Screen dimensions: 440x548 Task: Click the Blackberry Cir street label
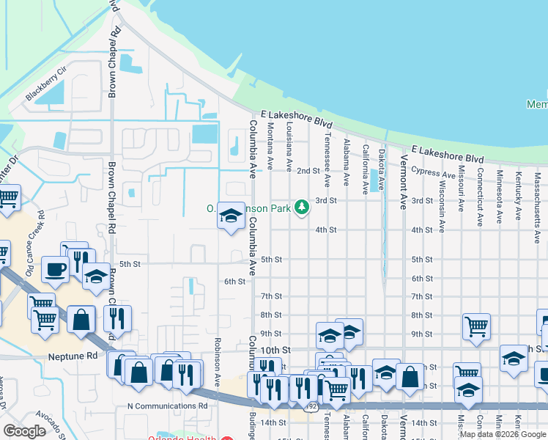point(46,84)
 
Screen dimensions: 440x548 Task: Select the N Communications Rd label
point(167,406)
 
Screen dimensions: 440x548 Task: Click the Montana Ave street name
point(270,146)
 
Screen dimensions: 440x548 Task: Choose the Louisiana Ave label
point(289,147)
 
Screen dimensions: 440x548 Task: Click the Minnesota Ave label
point(499,197)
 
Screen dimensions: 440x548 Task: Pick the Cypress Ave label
point(433,174)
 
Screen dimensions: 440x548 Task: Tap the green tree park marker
point(301,208)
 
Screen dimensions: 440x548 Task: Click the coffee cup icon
point(56,269)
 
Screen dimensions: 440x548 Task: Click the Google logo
point(25,431)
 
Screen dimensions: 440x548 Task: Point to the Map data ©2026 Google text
point(503,434)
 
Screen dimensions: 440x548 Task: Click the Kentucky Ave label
point(518,196)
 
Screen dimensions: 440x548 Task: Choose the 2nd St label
point(308,171)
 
